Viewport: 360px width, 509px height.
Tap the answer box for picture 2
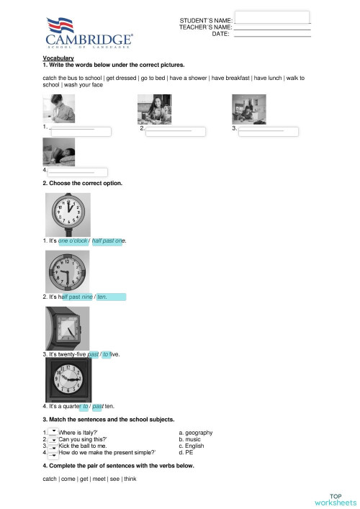pyautogui.click(x=175, y=132)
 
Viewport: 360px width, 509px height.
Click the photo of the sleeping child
pyautogui.click(x=58, y=153)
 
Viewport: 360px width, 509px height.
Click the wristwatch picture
pyautogui.click(x=68, y=328)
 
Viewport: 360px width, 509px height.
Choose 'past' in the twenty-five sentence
pyautogui.click(x=92, y=355)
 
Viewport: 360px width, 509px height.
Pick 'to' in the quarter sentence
pyautogui.click(x=84, y=407)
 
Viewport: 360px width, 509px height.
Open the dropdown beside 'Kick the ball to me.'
pyautogui.click(x=53, y=446)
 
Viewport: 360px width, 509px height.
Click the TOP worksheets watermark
pyautogui.click(x=336, y=499)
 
